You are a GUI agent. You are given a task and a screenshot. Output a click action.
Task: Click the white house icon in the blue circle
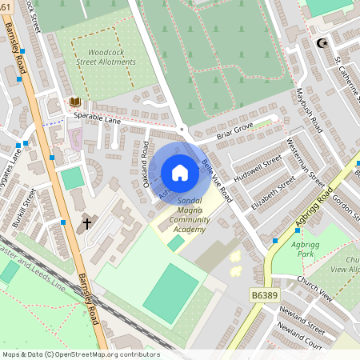pos(180,173)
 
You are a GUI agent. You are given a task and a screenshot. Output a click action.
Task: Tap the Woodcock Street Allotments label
pos(112,57)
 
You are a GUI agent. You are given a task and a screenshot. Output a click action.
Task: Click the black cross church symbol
pos(87,225)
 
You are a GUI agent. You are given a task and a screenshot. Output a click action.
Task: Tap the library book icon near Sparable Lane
pos(74,102)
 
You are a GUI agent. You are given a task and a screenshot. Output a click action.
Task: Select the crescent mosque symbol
pos(322,43)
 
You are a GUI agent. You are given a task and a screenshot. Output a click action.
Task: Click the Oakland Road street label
pos(146,160)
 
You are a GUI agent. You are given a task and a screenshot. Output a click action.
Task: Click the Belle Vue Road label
pos(217,178)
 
